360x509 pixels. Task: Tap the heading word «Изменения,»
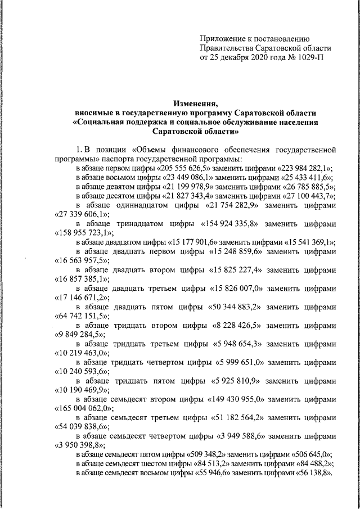pos(196,103)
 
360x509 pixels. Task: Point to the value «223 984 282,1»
pos(305,168)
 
